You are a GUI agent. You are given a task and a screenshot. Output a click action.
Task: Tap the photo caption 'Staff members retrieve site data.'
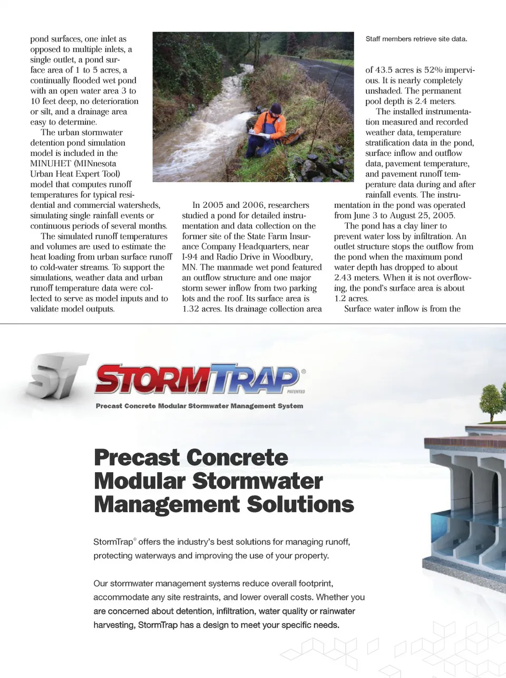(416, 39)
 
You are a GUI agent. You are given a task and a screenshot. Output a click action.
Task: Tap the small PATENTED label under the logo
(296, 392)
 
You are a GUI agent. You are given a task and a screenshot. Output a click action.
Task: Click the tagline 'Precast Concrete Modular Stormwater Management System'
(199, 406)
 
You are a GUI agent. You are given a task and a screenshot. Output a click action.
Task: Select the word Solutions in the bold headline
(300, 504)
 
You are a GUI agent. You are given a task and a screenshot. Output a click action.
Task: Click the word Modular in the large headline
(139, 481)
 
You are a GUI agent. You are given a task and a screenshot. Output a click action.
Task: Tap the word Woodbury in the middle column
(292, 257)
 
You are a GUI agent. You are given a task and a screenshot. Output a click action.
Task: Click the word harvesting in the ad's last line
(113, 625)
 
